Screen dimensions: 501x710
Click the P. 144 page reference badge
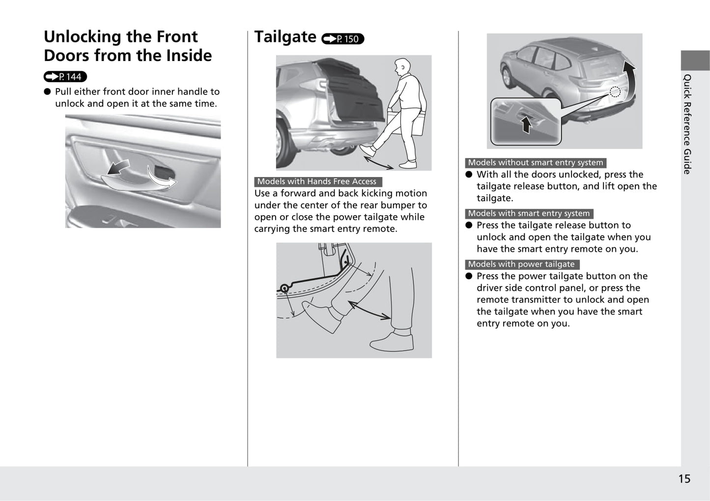65,77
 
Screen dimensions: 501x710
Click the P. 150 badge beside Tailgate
342,39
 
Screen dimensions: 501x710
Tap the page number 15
684,478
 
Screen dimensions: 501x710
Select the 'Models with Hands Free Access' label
317,181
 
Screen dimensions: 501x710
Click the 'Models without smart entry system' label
535,163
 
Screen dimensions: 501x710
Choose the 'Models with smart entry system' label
529,213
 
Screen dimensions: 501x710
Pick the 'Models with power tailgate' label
521,264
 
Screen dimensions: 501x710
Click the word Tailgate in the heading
285,37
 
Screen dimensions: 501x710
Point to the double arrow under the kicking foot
379,160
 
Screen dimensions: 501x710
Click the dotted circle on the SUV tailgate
615,91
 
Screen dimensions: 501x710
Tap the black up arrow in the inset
526,124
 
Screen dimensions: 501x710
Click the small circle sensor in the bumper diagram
284,289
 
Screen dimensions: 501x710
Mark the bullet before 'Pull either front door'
48,91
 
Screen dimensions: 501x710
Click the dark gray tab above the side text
695,60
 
